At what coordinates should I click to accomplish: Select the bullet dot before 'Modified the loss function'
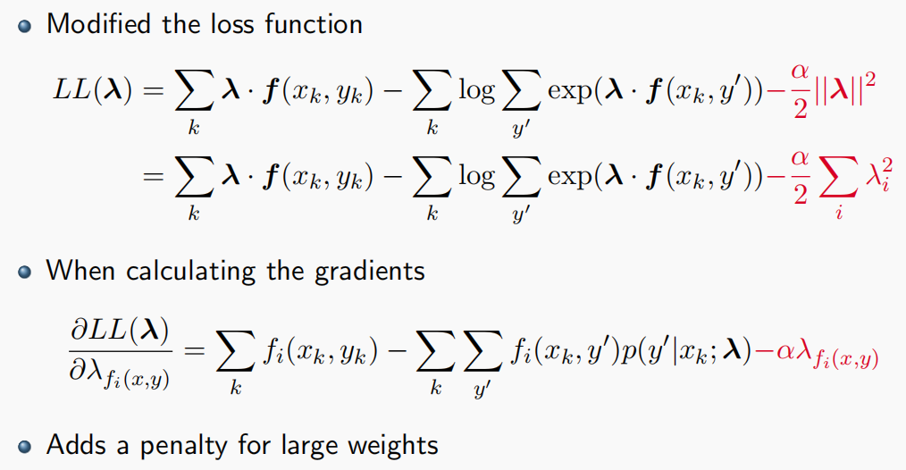pos(24,25)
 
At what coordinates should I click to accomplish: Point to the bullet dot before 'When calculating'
pos(24,272)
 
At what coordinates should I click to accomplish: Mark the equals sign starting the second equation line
pos(151,177)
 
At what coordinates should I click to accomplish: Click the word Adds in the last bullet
pos(72,444)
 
